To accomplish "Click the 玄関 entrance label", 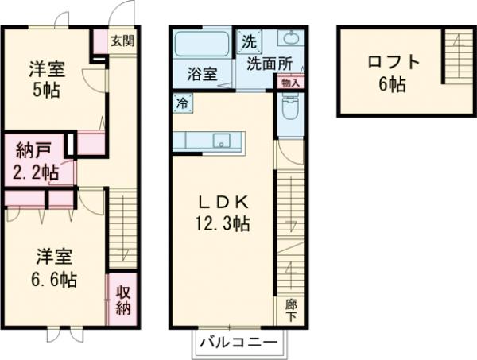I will pos(122,41).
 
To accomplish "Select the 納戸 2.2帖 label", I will pos(36,161).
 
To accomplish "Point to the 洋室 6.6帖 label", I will pos(55,268).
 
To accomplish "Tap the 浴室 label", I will pos(202,75).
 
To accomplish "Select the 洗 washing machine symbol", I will pos(249,41).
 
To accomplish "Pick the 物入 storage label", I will pos(289,81).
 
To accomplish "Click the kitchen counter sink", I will pos(221,141).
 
